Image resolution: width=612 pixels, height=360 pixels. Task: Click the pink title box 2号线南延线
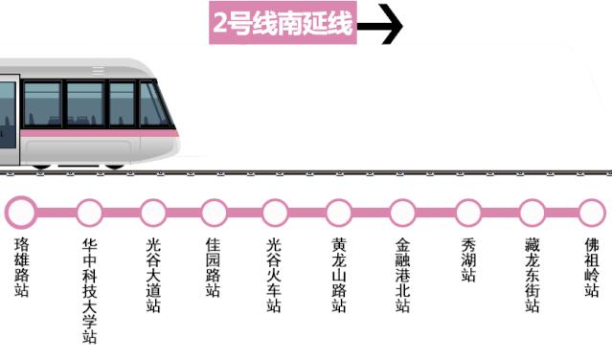[283, 26]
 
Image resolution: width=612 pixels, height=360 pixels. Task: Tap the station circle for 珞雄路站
[22, 211]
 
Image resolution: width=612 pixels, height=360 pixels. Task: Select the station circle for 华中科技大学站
[90, 211]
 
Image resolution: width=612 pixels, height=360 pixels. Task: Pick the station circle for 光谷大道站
[153, 211]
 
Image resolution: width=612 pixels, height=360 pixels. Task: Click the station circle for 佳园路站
[214, 211]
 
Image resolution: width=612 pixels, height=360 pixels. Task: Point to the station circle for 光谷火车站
[275, 211]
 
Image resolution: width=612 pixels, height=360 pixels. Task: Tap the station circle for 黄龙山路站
[339, 211]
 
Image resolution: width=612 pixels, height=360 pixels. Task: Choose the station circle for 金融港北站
[403, 211]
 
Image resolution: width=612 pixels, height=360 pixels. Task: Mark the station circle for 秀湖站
[468, 211]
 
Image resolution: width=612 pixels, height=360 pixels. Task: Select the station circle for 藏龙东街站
[533, 211]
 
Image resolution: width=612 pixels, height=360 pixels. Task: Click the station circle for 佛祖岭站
[592, 211]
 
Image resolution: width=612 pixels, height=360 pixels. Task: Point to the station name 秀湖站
[468, 259]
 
